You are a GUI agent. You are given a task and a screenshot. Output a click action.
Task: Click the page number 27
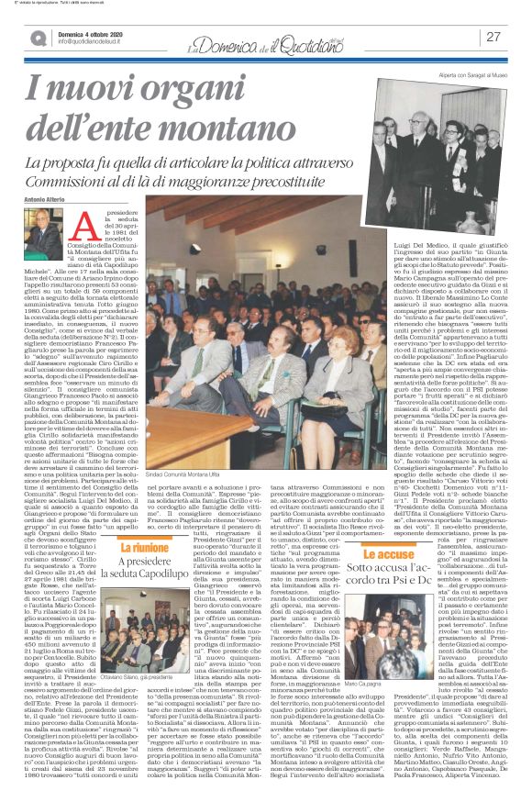click(x=494, y=37)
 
